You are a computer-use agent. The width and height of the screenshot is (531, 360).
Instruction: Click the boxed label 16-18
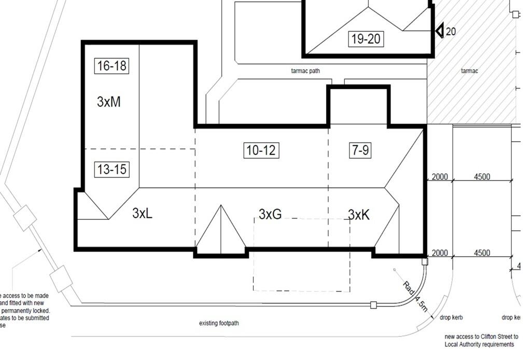(x=111, y=66)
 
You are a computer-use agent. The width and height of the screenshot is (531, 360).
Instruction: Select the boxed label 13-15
(x=111, y=169)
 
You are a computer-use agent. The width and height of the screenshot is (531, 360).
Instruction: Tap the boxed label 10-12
(x=261, y=150)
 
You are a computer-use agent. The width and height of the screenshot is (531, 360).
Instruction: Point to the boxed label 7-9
(x=360, y=150)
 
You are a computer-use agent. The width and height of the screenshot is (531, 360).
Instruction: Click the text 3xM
(x=109, y=102)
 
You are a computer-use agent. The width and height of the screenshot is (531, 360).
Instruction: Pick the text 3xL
(x=142, y=213)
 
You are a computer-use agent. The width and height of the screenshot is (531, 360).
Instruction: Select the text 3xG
(x=270, y=214)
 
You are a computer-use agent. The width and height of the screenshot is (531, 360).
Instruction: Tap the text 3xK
(x=359, y=215)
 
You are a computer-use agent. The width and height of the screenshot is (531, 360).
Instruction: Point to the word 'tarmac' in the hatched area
(x=469, y=71)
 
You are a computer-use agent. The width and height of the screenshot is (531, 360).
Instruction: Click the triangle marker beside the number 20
(x=439, y=31)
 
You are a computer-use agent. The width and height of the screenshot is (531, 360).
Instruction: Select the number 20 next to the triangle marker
(x=451, y=32)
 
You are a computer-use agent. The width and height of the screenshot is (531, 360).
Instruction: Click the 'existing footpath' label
(x=219, y=324)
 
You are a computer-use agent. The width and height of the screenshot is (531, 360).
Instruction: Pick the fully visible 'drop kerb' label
(x=451, y=317)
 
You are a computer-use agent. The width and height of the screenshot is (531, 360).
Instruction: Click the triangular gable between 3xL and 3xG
(x=221, y=233)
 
